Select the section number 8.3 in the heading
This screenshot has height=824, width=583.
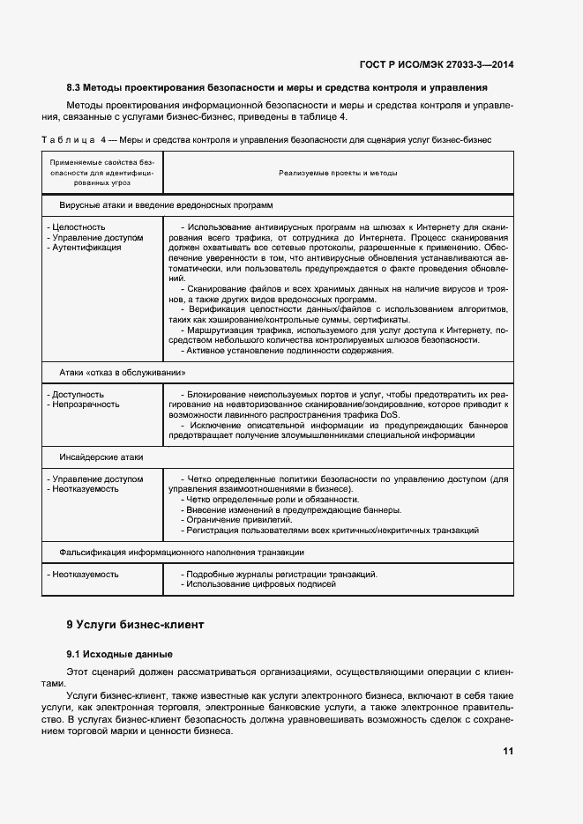pyautogui.click(x=74, y=88)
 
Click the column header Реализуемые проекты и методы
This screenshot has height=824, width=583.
pyautogui.click(x=338, y=173)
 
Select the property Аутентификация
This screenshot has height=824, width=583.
pyautogui.click(x=86, y=248)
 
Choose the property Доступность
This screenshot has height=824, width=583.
pyautogui.click(x=78, y=395)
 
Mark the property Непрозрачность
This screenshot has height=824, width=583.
pyautogui.click(x=86, y=405)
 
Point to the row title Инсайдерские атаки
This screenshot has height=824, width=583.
pyautogui.click(x=101, y=457)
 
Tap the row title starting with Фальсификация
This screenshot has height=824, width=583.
pyautogui.click(x=182, y=552)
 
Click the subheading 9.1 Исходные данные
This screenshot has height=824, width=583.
pyautogui.click(x=119, y=654)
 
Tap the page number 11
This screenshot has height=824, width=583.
pyautogui.click(x=507, y=752)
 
